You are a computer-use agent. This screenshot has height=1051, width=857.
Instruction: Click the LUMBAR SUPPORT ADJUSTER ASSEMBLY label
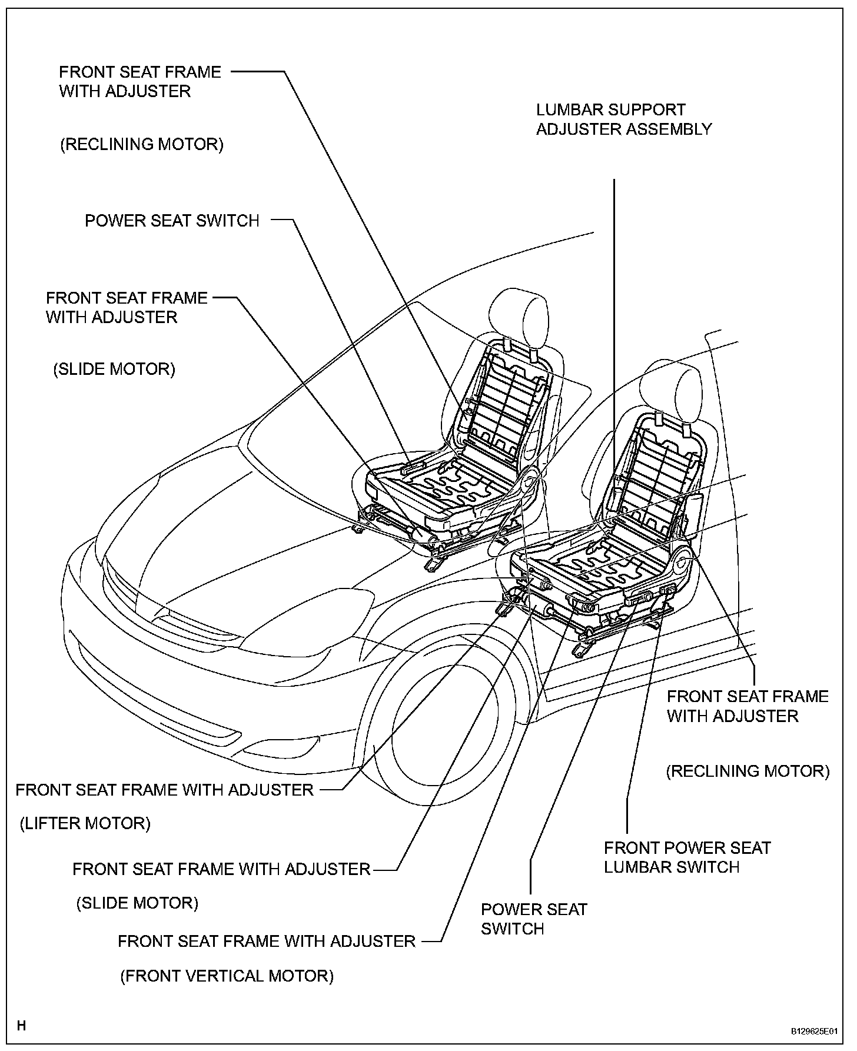[x=624, y=119]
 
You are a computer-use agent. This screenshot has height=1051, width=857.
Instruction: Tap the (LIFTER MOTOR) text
[x=85, y=823]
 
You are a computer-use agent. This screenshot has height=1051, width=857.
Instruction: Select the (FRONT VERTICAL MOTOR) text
[x=227, y=976]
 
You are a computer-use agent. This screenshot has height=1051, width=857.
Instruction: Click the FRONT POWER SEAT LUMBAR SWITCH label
[x=687, y=857]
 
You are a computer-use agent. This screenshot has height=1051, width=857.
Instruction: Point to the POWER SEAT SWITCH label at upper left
[x=172, y=221]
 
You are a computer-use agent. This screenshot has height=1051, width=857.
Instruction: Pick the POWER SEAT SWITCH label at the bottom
[x=534, y=919]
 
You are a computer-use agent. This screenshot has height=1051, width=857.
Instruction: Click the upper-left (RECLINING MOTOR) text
[x=142, y=145]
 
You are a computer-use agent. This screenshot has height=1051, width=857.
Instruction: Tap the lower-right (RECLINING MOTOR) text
[x=748, y=771]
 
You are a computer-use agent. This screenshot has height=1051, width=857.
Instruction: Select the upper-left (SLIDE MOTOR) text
[x=114, y=370]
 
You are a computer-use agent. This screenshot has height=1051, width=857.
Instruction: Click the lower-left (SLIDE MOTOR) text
[x=137, y=903]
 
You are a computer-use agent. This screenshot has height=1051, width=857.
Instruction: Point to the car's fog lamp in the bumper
[x=277, y=747]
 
